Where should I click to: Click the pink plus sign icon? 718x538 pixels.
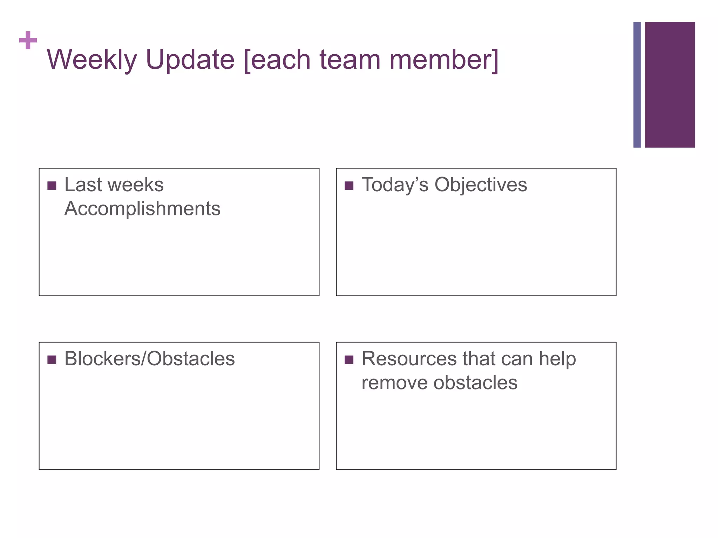(x=28, y=40)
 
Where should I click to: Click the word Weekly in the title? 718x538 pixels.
(x=92, y=60)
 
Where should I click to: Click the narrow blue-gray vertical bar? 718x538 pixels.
(x=637, y=85)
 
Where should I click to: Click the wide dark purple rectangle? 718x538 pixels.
(x=670, y=85)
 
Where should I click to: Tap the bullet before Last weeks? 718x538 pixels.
(x=52, y=186)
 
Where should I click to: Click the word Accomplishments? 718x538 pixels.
(x=142, y=209)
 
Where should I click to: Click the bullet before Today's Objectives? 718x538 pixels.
(x=349, y=186)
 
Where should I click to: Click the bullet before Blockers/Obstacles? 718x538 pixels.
(x=52, y=360)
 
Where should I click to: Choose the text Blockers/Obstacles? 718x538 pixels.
(x=149, y=359)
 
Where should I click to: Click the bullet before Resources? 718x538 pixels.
(x=349, y=360)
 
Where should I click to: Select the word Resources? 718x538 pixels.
(x=409, y=359)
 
